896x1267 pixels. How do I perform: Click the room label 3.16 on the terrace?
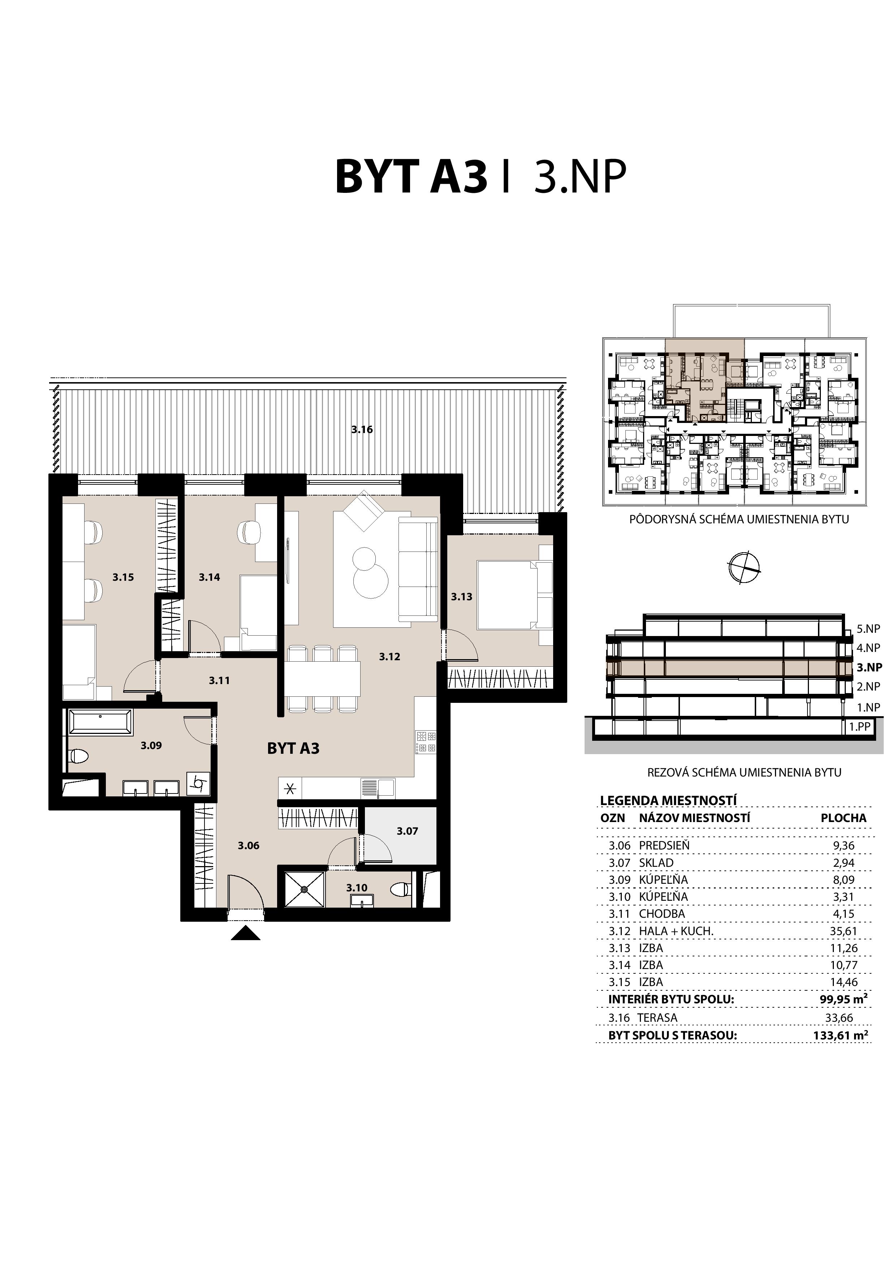point(362,429)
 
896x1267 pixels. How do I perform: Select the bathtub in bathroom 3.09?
point(100,723)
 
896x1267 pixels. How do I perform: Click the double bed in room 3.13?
point(507,594)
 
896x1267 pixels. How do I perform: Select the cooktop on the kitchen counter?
point(427,742)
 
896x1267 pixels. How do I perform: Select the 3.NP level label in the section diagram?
point(869,667)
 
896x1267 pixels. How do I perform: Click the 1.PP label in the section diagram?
point(859,727)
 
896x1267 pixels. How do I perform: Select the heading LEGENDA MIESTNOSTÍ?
point(668,800)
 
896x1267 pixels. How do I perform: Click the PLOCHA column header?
point(843,818)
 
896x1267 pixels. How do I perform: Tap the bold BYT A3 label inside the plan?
point(293,748)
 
